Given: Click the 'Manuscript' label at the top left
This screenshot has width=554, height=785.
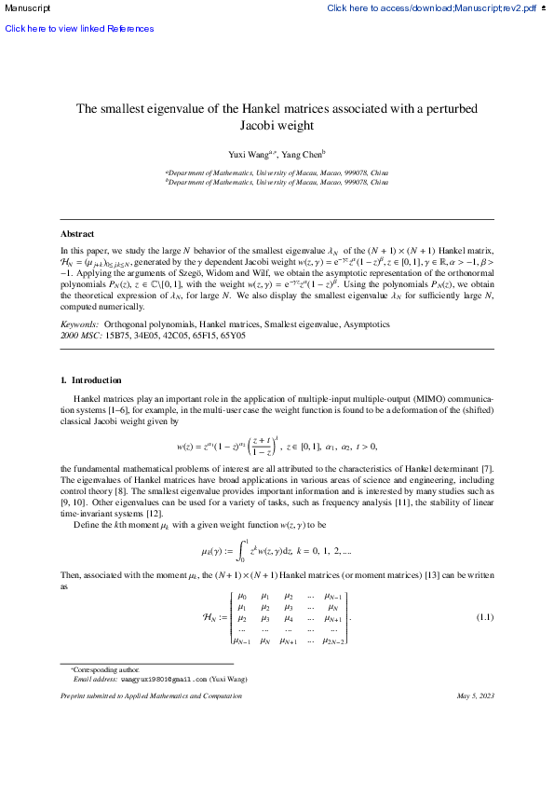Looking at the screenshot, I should [x=25, y=8].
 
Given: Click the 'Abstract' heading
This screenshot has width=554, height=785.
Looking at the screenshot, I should [x=77, y=234].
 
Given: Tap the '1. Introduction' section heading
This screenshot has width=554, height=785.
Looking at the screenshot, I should [x=90, y=380].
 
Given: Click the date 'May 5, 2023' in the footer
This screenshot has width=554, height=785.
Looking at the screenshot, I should [x=476, y=723].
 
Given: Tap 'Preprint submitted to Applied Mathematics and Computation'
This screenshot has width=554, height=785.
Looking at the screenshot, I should [x=151, y=723].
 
